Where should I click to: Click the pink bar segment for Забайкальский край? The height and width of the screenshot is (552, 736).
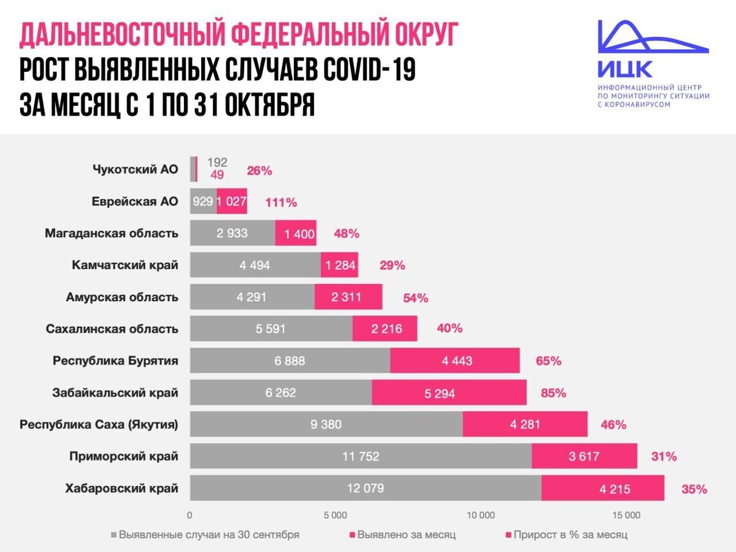point(448,393)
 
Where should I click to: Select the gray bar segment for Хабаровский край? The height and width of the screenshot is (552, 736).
point(365,488)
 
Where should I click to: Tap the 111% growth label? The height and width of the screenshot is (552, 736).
point(281,202)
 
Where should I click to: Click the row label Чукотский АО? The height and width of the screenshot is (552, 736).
point(135,169)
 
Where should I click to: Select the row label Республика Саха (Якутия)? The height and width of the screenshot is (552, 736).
point(99,424)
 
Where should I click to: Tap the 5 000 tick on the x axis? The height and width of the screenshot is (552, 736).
point(335,515)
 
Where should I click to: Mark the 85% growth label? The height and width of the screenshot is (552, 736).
point(553,393)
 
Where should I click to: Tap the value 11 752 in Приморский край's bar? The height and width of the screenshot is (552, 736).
point(360,456)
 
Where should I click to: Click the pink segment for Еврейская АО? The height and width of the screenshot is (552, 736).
point(232,202)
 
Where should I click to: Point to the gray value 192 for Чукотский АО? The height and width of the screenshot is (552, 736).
point(217,163)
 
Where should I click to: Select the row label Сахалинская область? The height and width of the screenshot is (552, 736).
point(112,329)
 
